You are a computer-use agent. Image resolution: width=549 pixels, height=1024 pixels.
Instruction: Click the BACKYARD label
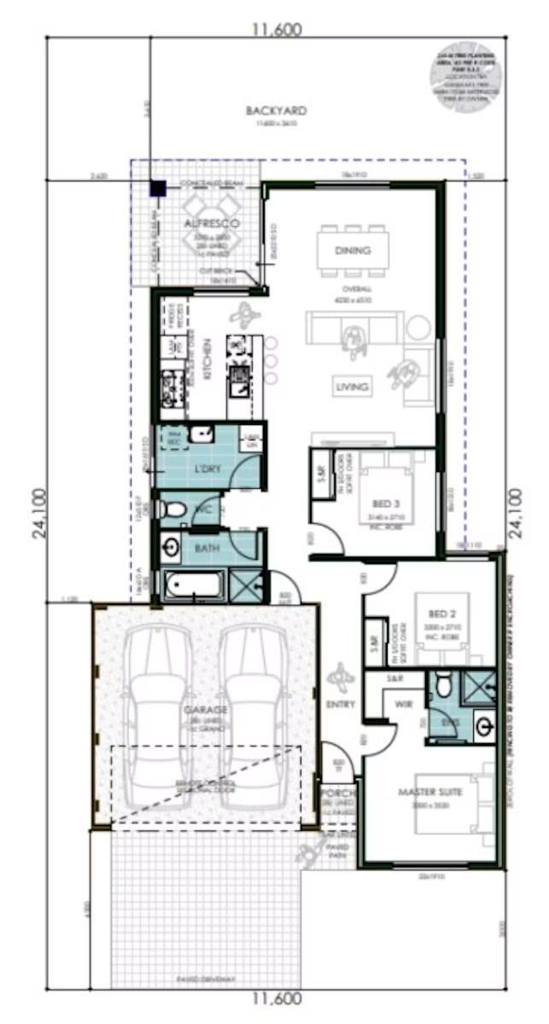pyautogui.click(x=276, y=111)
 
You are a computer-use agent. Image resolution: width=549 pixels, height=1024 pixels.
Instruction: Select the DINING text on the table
pyautogui.click(x=353, y=251)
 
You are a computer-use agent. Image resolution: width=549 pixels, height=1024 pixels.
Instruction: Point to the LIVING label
pyautogui.click(x=351, y=387)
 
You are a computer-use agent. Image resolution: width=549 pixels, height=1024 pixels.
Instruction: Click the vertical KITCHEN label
pyautogui.click(x=207, y=358)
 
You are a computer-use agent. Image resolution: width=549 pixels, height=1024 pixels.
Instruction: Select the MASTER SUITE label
pyautogui.click(x=430, y=793)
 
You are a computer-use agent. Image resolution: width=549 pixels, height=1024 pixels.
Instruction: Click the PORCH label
pyautogui.click(x=339, y=792)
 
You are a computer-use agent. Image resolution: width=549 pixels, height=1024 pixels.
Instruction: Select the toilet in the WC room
pyautogui.click(x=173, y=510)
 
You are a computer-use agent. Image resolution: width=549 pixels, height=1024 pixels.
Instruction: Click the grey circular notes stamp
pyautogui.click(x=465, y=75)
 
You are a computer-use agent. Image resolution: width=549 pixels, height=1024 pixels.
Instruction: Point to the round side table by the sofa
pyautogui.click(x=418, y=328)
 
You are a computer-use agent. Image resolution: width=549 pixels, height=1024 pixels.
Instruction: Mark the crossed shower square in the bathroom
pyautogui.click(x=248, y=587)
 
